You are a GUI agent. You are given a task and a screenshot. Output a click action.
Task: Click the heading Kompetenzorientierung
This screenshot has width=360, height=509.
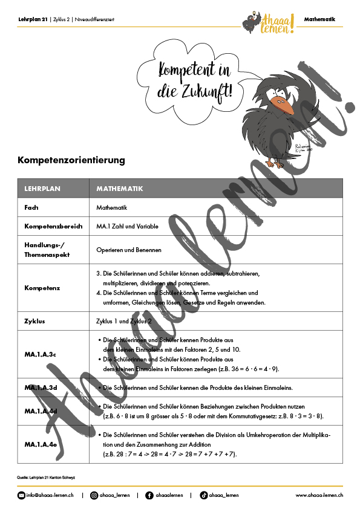(x=71, y=160)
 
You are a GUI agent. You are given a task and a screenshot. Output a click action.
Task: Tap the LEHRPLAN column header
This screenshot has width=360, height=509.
(x=42, y=189)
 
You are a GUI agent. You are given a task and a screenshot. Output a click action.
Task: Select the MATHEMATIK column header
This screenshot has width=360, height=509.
(x=120, y=189)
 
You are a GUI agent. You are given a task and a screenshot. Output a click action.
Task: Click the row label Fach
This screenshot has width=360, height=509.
(x=31, y=207)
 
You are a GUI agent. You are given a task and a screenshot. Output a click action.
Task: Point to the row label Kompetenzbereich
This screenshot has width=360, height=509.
(x=49, y=227)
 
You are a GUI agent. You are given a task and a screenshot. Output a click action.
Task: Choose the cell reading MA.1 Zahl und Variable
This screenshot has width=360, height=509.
(x=127, y=227)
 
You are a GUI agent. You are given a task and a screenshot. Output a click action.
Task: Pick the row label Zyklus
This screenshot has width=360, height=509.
(x=34, y=321)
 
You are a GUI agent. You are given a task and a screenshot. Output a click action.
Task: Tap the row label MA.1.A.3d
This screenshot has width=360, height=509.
(x=41, y=387)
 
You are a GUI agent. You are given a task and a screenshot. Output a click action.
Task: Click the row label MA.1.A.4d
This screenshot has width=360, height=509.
(x=41, y=410)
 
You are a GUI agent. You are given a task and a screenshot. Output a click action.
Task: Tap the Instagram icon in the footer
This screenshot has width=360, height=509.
(x=94, y=496)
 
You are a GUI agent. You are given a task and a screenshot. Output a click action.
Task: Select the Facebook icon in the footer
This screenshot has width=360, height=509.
(x=149, y=496)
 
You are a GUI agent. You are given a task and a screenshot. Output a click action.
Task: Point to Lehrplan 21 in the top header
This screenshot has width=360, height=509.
(x=32, y=19)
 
